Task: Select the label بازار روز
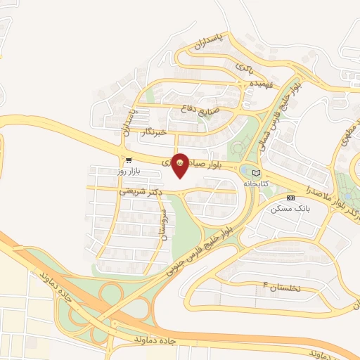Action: (129, 171)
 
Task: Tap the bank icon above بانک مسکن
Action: (290, 198)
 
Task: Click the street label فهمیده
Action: (259, 83)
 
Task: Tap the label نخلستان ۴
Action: (281, 287)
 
